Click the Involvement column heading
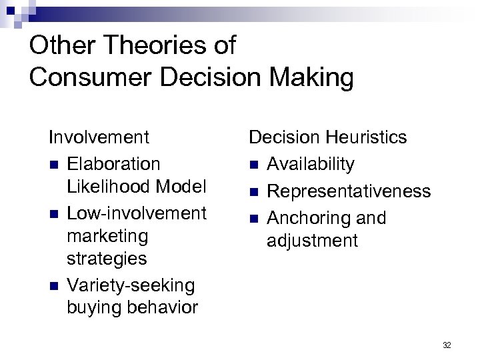click(99, 137)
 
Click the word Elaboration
click(113, 164)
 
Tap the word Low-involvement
click(137, 213)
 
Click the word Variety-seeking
click(131, 285)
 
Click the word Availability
click(311, 164)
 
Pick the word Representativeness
click(349, 191)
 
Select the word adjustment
click(312, 241)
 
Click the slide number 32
click(447, 345)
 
